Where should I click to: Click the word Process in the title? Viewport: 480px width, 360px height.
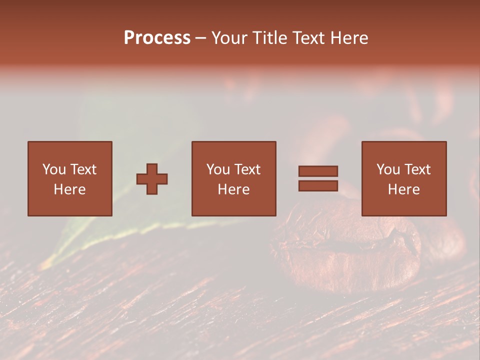click(157, 38)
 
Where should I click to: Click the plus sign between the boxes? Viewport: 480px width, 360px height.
click(152, 179)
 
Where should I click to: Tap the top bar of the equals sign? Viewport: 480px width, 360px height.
click(318, 171)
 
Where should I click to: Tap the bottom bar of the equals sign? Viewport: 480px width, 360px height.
click(318, 185)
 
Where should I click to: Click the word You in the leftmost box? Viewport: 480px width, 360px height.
click(54, 169)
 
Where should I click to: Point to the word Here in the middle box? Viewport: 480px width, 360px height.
click(233, 189)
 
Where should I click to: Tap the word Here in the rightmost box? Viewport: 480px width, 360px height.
click(403, 189)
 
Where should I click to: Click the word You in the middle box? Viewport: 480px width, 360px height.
click(218, 169)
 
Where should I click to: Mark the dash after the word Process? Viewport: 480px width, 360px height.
click(201, 38)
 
